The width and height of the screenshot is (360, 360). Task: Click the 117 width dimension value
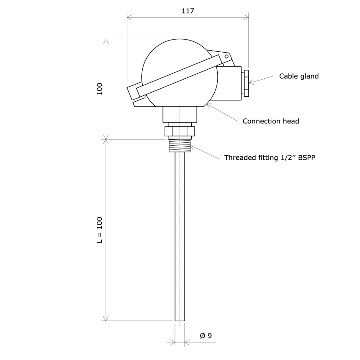coord(188,11)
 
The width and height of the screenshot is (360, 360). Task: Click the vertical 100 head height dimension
coord(100,89)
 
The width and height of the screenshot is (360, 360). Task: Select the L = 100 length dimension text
coord(100,230)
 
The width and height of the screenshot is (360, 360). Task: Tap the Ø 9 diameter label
coord(206,336)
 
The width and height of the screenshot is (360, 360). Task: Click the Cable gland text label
coord(299,76)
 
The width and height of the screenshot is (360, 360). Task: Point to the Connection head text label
coord(271,121)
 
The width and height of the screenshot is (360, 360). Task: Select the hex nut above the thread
coord(180,131)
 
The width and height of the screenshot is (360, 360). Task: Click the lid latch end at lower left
coord(132,92)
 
